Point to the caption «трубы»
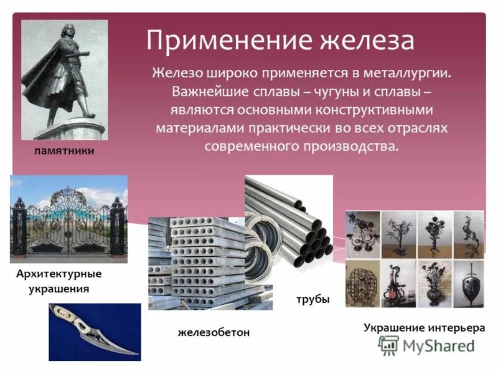314,300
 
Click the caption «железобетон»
214,332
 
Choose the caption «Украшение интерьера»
424,327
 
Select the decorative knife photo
95,332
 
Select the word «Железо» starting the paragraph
176,74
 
